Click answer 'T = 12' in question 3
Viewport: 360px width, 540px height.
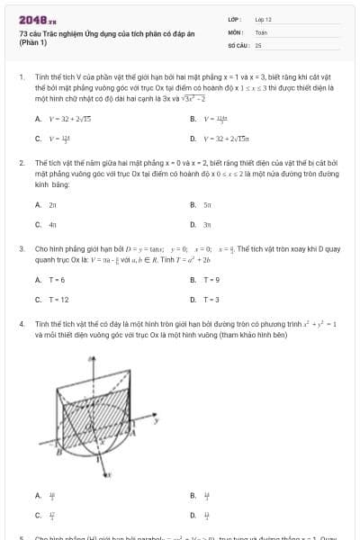coord(58,299)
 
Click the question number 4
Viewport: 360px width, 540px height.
coord(20,321)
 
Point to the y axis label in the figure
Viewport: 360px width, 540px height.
coord(157,418)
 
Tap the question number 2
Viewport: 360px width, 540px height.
coord(20,162)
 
